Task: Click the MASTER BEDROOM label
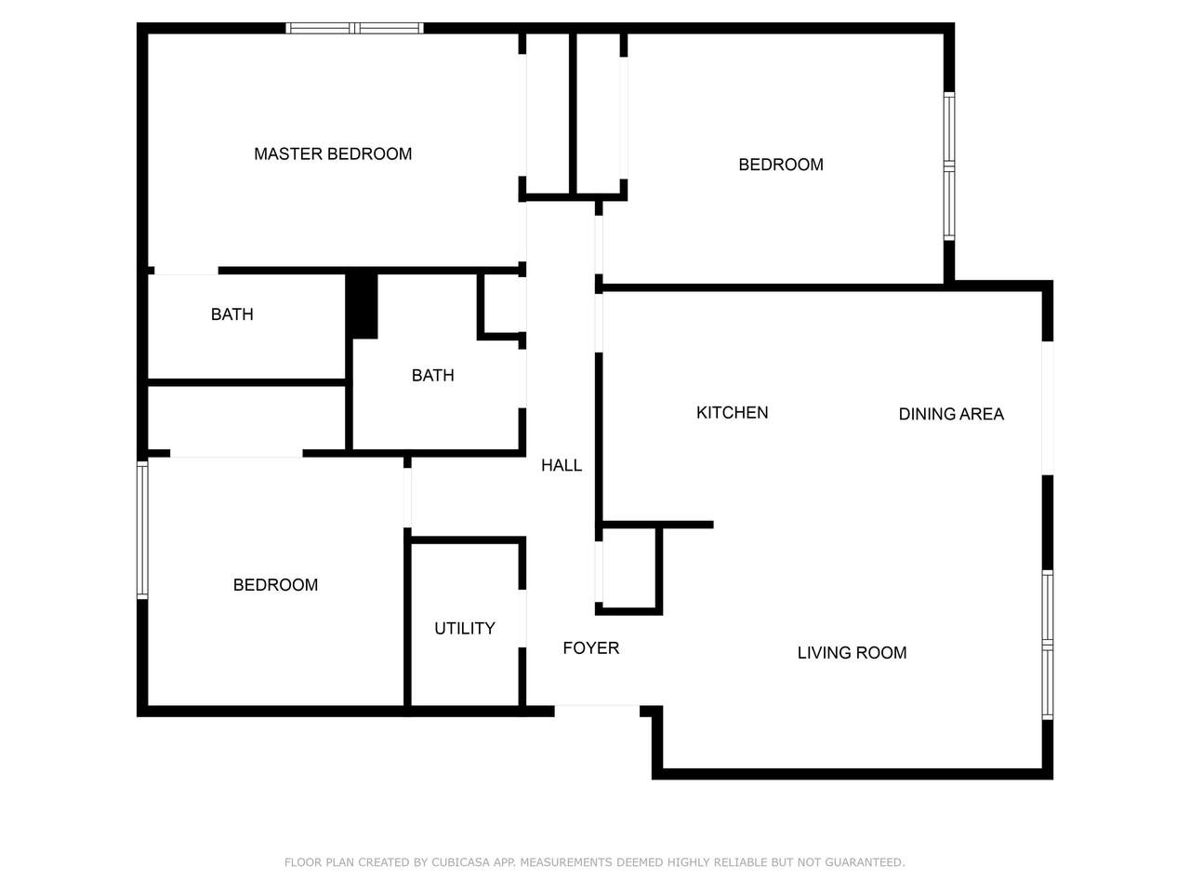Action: coord(332,154)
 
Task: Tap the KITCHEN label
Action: coord(732,413)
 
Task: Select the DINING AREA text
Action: coord(951,414)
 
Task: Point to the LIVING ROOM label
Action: coord(852,653)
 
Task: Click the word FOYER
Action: coord(591,648)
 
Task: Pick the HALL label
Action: coord(562,465)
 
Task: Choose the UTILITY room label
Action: coord(465,629)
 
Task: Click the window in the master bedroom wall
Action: coord(354,28)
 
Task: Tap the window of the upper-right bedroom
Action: coord(949,167)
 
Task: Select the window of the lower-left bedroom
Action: coord(142,529)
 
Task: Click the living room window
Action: coord(1048,646)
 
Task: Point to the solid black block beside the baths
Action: coord(362,306)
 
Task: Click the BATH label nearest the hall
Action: coord(432,375)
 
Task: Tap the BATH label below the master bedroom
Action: coord(232,314)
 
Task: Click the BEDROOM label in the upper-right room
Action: coord(781,165)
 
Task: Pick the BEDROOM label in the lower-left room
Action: coord(275,585)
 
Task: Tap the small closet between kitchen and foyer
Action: coord(628,568)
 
